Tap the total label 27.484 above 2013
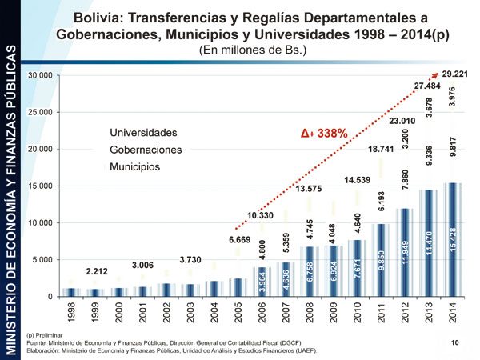point(427,86)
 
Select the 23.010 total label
point(404,121)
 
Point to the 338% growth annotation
point(323,134)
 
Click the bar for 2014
point(452,240)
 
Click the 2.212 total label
point(98,271)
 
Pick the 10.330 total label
point(262,215)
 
